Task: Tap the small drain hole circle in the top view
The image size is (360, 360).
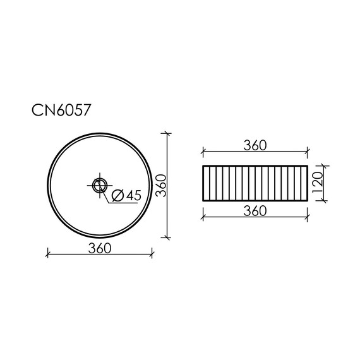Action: (x=99, y=185)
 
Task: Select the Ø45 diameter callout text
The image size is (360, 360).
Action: (x=124, y=196)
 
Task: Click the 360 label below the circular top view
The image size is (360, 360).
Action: (x=100, y=248)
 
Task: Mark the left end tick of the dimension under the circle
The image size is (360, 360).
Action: (x=49, y=255)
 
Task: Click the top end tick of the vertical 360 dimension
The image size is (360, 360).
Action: (x=167, y=134)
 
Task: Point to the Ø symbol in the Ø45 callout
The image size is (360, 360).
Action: (x=116, y=196)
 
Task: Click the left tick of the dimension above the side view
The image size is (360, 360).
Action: (x=203, y=152)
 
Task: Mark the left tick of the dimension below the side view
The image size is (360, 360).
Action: (x=203, y=218)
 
